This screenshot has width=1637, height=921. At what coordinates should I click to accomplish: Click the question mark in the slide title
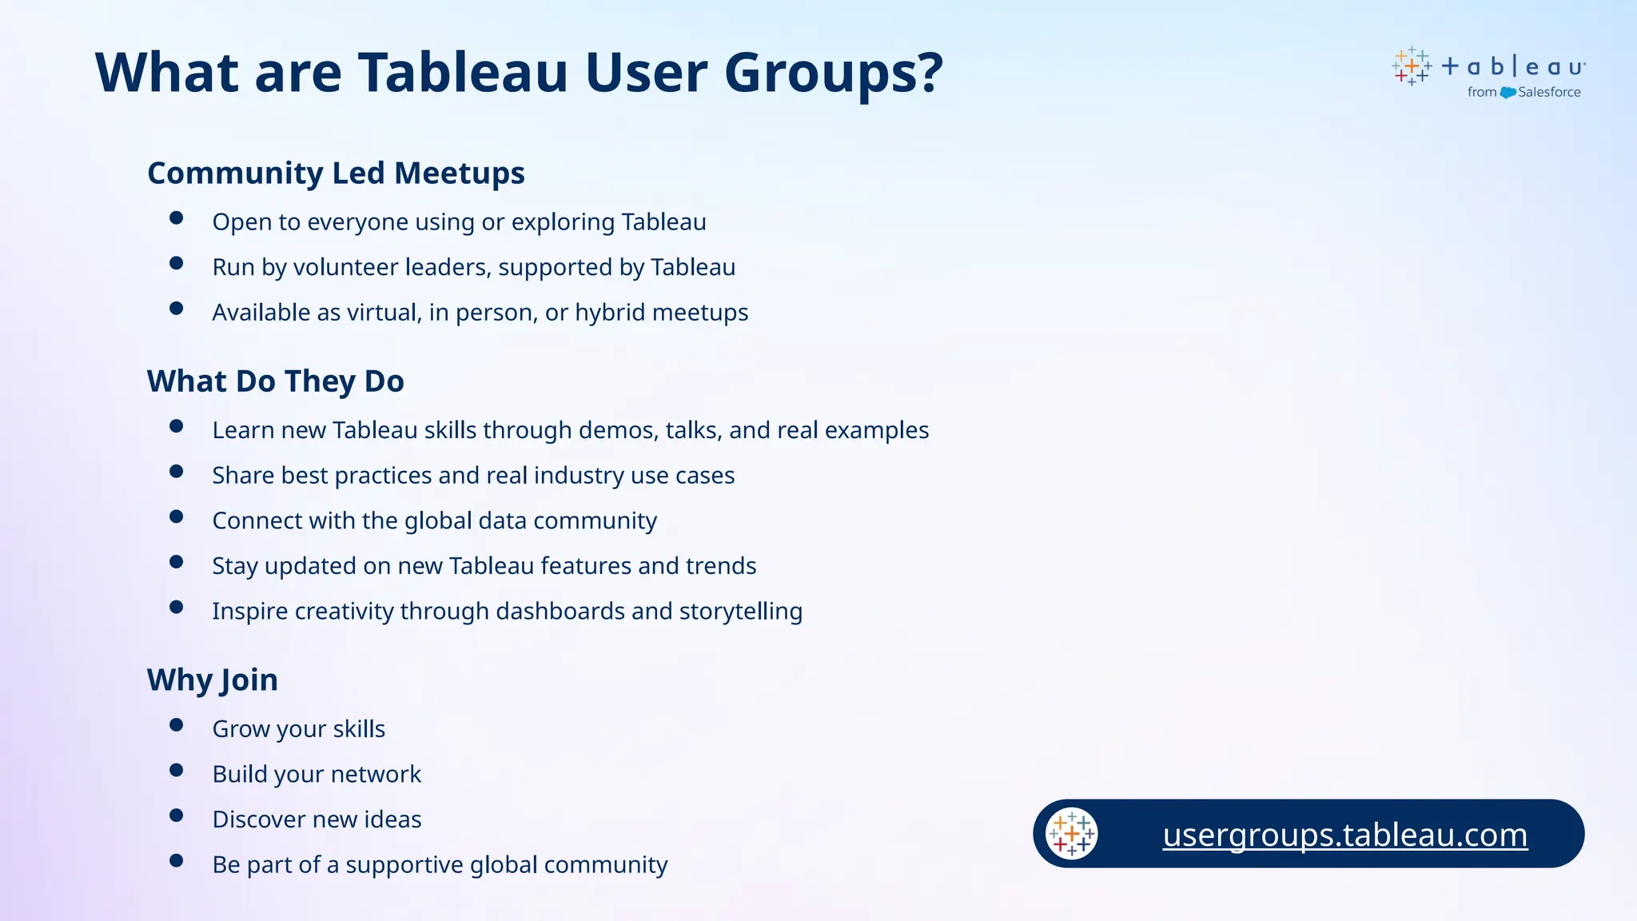927,72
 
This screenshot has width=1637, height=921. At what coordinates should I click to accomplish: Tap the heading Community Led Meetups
336,173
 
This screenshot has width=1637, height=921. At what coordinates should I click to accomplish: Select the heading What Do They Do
275,381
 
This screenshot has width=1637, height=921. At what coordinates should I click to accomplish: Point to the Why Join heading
212,680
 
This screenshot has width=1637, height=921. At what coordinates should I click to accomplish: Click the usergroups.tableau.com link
1344,835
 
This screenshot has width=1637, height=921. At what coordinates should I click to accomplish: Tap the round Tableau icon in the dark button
1071,834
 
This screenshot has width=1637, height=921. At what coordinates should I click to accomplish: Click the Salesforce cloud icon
1508,93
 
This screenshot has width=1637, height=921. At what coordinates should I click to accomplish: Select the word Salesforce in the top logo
1549,93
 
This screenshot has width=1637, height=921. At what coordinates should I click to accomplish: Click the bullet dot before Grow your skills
177,725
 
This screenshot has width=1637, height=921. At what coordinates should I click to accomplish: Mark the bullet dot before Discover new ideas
177,815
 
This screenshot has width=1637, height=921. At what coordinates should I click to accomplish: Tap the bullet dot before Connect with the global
177,516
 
